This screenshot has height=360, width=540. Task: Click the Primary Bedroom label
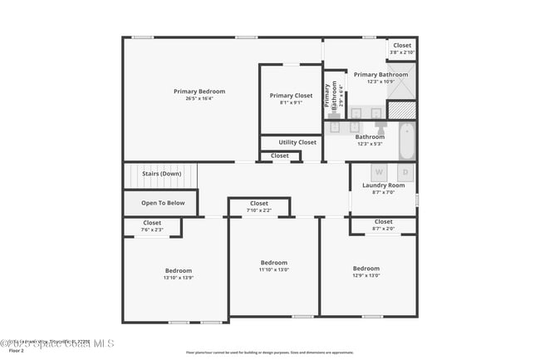pos(199,91)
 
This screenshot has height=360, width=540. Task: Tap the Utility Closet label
pos(297,142)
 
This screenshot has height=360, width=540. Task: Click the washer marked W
pos(366,173)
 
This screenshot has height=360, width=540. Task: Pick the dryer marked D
pos(405,173)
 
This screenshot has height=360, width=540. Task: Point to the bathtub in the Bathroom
pos(406,141)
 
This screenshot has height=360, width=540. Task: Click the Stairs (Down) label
pos(161,174)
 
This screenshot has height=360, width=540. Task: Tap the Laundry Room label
pos(383,185)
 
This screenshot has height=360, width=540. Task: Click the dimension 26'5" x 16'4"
pos(199,99)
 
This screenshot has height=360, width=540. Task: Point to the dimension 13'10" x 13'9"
pos(179,278)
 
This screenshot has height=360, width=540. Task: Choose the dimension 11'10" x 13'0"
pos(273,269)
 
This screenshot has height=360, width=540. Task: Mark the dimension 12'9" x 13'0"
pos(366,275)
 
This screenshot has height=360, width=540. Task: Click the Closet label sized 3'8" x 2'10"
pos(402,46)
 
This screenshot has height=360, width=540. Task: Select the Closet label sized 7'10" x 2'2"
pos(259,204)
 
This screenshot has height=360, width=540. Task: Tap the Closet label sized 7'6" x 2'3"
pos(152,223)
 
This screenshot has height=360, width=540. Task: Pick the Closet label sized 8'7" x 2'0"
pos(383,222)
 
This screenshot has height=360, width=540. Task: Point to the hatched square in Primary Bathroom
pos(400,110)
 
